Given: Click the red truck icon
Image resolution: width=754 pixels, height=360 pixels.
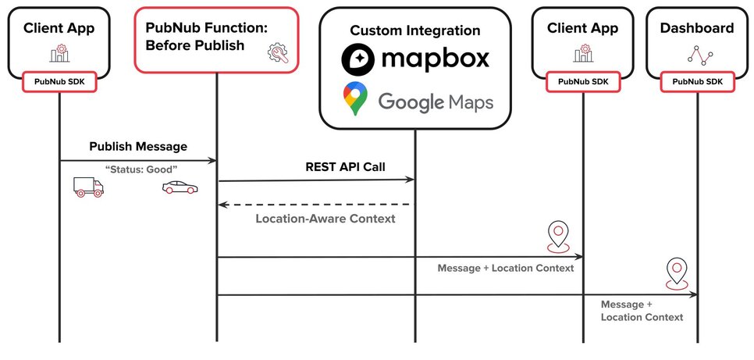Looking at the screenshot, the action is click(x=88, y=187).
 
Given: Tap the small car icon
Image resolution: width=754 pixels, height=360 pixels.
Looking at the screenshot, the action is click(x=180, y=187).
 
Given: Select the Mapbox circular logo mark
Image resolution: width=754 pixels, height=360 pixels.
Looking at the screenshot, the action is click(x=357, y=59).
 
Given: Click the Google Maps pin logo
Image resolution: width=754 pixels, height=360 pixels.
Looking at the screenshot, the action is click(x=355, y=98).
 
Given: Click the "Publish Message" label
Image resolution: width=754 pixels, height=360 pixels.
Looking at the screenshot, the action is click(x=138, y=146).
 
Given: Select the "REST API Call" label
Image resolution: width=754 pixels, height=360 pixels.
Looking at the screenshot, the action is click(x=345, y=167).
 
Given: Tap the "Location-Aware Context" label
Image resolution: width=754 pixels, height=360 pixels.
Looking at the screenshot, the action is click(x=325, y=219).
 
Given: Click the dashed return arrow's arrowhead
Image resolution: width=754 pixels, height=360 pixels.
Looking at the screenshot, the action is click(x=222, y=205).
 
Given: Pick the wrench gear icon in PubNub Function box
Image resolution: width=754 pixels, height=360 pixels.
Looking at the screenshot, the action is click(x=278, y=53).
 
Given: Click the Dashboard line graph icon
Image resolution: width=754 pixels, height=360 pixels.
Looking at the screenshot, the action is click(x=699, y=55).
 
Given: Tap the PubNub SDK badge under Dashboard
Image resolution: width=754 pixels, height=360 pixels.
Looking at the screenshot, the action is click(x=697, y=82).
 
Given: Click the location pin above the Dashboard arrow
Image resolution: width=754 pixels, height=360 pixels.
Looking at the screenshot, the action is click(x=677, y=273).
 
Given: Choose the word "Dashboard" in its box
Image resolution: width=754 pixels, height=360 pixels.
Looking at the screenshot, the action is click(x=697, y=28).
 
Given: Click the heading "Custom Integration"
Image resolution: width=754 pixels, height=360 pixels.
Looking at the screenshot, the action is click(x=415, y=30).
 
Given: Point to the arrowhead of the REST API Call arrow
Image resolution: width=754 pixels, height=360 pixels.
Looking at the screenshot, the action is click(x=411, y=180).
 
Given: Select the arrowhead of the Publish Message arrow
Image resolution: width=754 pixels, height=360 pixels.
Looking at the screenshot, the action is click(x=212, y=160).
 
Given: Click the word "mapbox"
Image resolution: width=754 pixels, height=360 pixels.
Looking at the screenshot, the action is click(x=436, y=59).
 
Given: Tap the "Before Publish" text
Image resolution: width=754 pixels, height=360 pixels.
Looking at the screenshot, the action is click(x=195, y=46).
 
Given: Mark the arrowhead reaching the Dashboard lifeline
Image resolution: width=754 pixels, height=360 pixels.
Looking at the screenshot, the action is click(x=693, y=295).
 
